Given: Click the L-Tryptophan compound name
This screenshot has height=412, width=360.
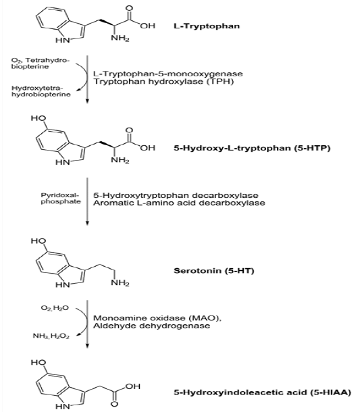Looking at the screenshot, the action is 207,26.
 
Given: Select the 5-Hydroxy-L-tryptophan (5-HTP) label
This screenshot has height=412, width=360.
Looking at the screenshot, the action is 252,148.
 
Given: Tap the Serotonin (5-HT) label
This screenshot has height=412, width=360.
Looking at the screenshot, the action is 214,271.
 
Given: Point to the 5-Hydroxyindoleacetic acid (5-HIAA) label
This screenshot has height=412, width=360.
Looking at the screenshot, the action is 262,392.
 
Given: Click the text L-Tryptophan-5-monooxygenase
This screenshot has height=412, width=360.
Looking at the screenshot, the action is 168,74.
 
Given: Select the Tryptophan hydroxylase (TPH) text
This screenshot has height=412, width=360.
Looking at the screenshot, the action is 163,82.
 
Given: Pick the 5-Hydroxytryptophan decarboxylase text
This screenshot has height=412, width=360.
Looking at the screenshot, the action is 176,195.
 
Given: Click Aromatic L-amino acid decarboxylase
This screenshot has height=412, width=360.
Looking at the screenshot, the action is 179,203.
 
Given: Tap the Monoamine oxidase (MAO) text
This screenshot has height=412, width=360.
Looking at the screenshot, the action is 157,318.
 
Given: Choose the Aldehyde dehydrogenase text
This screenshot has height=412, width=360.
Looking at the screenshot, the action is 151,326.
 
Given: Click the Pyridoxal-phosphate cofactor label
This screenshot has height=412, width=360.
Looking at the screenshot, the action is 61,199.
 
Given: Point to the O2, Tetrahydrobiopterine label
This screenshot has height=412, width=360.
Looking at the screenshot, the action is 41,63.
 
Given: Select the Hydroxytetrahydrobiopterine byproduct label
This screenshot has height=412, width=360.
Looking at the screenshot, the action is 41,91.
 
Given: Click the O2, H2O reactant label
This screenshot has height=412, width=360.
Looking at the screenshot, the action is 55,308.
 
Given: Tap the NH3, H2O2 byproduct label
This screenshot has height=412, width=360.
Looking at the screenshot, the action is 51,336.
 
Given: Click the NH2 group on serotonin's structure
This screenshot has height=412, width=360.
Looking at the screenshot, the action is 120,283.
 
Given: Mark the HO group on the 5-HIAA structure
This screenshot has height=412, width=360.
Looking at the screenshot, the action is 38,363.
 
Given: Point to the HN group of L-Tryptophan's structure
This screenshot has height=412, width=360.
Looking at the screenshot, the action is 63,41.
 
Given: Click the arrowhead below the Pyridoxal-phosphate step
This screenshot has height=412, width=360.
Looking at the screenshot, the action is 88,223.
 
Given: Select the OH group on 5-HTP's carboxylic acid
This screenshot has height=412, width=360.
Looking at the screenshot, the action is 148,148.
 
